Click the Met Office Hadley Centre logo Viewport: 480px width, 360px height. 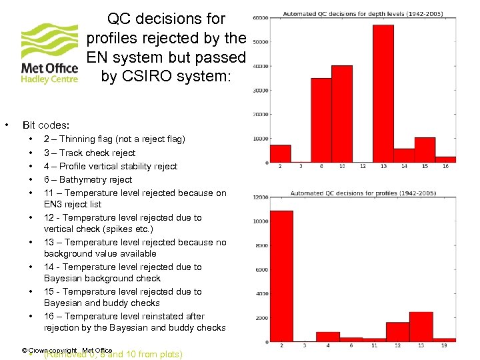tap(49, 53)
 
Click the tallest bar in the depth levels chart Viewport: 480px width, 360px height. tap(383, 93)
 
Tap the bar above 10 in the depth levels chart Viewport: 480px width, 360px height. tap(341, 114)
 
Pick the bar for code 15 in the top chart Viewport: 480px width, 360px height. tap(425, 150)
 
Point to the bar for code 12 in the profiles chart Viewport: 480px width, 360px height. tap(397, 332)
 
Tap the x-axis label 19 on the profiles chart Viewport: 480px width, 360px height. tap(444, 345)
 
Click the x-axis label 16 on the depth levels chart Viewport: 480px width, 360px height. tap(445, 166)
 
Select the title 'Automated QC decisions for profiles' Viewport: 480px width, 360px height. tap(363, 193)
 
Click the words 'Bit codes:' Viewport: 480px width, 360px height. tap(46, 125)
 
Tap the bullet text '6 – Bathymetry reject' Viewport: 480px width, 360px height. tap(88, 179)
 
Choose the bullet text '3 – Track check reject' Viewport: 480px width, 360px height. tap(89, 153)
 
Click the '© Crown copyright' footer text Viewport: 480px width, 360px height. tap(49, 350)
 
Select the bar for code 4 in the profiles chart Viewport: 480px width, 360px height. tap(327, 337)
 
